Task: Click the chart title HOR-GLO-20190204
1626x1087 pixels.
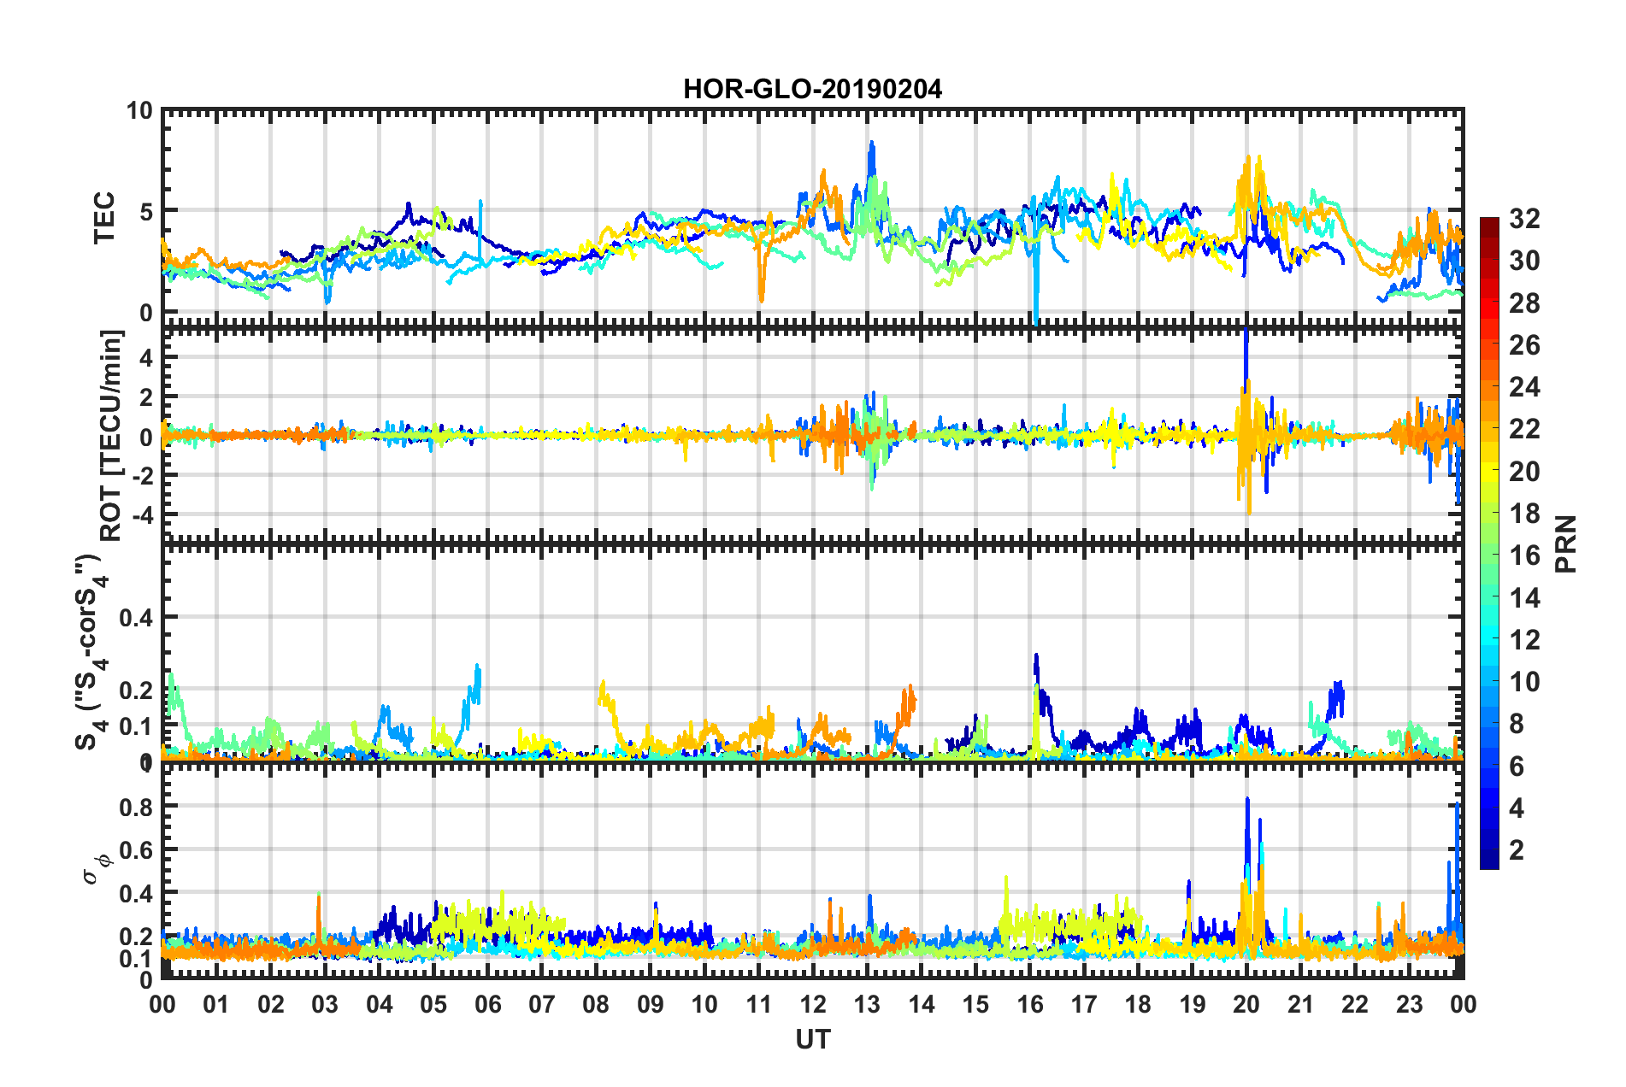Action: coord(812,89)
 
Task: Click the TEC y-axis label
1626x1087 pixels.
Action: coord(103,218)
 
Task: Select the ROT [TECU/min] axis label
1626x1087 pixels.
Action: coord(111,436)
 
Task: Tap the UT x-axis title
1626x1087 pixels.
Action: coord(812,1039)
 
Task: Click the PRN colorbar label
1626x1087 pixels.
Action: coord(1565,543)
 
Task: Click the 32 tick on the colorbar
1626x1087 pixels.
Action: coord(1524,219)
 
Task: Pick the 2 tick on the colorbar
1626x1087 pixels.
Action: coord(1517,849)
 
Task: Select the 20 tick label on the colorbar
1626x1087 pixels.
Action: coord(1524,471)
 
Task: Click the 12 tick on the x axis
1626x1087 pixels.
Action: coord(813,1004)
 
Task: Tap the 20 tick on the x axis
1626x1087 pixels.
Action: coord(1246,1004)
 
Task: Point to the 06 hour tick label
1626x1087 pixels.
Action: coord(487,1004)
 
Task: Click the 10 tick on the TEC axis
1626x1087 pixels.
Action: coord(139,111)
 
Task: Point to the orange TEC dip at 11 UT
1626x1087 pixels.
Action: coord(761,295)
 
